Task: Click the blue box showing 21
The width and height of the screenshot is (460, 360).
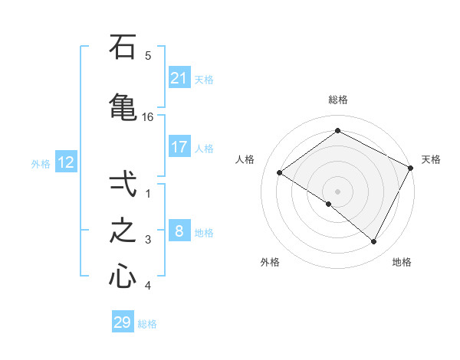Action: coord(179,78)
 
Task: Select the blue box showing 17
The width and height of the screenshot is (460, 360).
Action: coord(179,147)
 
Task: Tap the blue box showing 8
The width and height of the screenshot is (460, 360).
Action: coord(179,231)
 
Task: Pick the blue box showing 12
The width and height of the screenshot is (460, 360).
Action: coord(65,162)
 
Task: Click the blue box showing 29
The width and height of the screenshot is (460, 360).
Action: coord(123,322)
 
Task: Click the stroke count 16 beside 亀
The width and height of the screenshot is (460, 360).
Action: coord(148,116)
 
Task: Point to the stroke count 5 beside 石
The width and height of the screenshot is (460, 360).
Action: coord(148,55)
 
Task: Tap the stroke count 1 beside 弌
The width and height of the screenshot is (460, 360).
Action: coord(148,194)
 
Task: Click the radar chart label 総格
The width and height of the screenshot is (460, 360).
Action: coord(338,100)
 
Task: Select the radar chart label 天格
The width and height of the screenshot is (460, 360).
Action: coord(431,159)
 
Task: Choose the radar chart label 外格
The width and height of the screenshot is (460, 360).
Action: coord(270,262)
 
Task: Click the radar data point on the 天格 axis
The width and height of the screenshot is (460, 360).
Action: coord(411,168)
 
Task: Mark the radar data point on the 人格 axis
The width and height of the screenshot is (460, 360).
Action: coord(280,173)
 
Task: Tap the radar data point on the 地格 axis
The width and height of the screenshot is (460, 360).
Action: coord(374,242)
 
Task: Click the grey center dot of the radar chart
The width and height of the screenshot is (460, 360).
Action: coord(338,191)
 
